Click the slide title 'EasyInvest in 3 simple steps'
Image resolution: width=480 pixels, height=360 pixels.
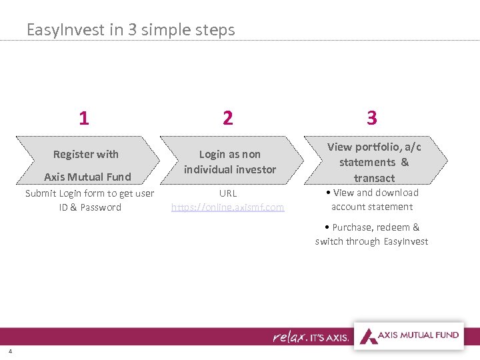coord(131,30)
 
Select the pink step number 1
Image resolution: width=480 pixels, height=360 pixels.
coord(83,119)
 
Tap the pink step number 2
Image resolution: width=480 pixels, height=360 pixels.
coord(228,119)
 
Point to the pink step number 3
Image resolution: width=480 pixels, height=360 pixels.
coord(372,119)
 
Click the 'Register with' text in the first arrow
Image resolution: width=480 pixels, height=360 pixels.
coord(86,154)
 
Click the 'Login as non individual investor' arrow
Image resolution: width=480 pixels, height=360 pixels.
coord(230,161)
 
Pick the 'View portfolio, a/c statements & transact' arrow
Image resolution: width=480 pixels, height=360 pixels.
coord(374,162)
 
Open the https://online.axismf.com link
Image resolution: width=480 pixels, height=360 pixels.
coord(227,207)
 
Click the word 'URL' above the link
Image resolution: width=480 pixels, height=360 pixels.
coord(227,193)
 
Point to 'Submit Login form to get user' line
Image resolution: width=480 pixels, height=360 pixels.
coord(89,193)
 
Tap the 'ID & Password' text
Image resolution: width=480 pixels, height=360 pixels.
coord(90,207)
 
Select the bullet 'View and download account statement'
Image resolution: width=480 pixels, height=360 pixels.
coord(372,199)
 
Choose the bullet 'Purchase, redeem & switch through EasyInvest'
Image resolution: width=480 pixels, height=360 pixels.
coord(372,234)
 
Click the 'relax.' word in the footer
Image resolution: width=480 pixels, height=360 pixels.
coord(289,337)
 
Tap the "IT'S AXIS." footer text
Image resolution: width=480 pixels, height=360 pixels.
coord(328,338)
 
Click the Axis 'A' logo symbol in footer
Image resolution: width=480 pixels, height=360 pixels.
coord(367,335)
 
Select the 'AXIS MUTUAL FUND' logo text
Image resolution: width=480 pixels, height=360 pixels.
coord(419,335)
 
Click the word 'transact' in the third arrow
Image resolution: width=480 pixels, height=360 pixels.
coord(374,178)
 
